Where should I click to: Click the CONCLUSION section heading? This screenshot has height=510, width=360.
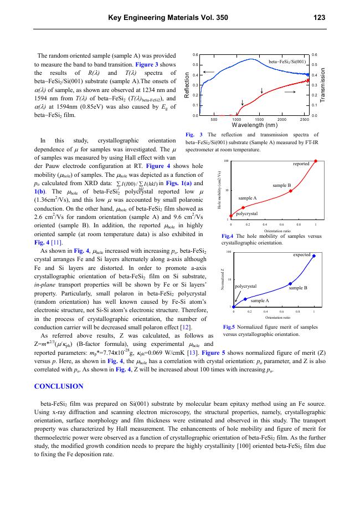tap(59, 386)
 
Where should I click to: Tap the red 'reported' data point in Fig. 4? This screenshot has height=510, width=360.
tap(315, 161)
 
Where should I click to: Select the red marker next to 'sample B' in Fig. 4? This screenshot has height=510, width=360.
tap(291, 191)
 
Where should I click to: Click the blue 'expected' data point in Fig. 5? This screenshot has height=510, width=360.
tap(314, 256)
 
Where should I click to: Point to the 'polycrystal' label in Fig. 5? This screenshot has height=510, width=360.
tap(246, 287)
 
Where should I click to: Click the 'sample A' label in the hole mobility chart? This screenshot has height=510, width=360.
tap(248, 197)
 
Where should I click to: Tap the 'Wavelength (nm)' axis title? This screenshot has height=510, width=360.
tap(254, 125)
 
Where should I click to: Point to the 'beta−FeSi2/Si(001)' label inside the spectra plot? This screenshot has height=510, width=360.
tap(287, 62)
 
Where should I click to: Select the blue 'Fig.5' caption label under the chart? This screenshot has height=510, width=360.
tap(230, 327)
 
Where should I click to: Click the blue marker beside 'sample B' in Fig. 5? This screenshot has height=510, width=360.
tap(290, 284)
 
